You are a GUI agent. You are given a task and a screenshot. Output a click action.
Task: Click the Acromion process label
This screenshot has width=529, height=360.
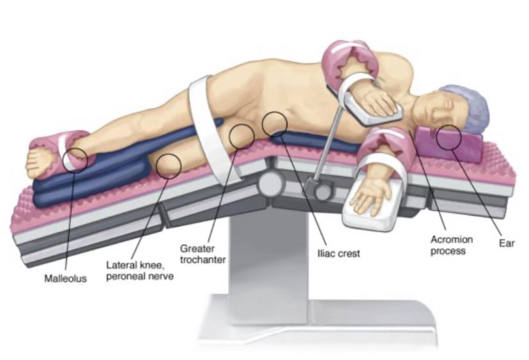coord(450,245)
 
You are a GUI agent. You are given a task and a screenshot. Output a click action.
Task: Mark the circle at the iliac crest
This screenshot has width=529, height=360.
coord(275,123)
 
